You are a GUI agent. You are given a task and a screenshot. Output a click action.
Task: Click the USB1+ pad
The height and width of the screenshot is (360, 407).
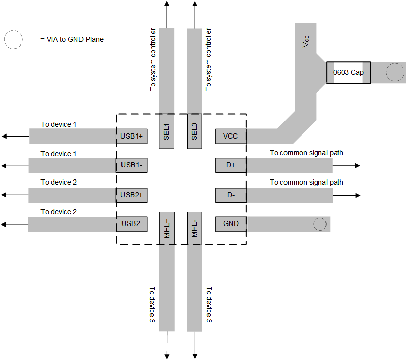[x=132, y=136]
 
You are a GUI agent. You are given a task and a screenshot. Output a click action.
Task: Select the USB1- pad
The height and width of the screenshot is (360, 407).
[x=132, y=165]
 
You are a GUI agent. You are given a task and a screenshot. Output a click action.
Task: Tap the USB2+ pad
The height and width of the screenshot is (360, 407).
[x=132, y=195]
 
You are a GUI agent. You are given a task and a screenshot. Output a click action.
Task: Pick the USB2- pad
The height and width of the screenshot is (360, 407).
[x=132, y=223]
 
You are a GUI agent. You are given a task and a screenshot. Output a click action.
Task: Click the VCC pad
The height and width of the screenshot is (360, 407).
[x=230, y=136]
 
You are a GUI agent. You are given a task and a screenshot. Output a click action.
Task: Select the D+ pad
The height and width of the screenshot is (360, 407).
[x=230, y=165]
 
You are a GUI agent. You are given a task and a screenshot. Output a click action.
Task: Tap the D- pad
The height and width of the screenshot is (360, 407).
[x=230, y=195]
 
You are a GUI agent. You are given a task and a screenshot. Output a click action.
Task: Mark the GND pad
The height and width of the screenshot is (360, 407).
[x=230, y=223]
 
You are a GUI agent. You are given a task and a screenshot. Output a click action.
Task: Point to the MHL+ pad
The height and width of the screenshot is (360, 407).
[x=167, y=228]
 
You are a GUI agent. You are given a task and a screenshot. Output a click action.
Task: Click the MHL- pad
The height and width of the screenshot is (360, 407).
[x=195, y=228]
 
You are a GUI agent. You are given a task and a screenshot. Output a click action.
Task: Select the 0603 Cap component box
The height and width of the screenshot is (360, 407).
[x=348, y=73]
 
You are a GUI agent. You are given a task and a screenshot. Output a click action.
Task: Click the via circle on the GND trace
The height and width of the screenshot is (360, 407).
[x=320, y=224]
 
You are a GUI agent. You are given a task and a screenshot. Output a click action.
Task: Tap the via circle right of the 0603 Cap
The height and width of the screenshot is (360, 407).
[x=393, y=73]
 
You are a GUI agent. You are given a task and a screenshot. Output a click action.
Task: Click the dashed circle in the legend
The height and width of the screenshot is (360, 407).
[x=14, y=39]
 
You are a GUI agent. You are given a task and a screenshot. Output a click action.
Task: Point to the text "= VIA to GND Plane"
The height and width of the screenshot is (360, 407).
[x=72, y=39]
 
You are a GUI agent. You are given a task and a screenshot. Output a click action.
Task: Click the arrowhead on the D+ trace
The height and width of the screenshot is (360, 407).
[x=358, y=166]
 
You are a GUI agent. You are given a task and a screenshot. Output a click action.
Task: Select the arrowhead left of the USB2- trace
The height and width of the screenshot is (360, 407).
[x=4, y=224]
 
